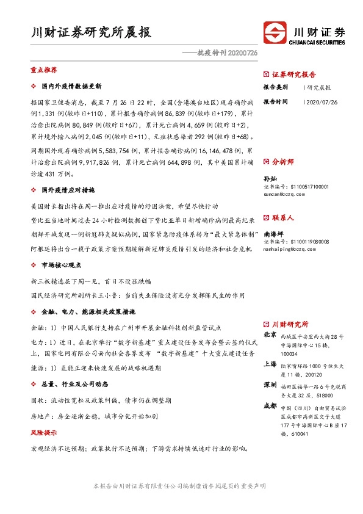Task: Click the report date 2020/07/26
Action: click(x=320, y=102)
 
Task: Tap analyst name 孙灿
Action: click(x=269, y=179)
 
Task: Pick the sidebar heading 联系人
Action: click(x=282, y=217)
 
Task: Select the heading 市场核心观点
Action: click(x=65, y=266)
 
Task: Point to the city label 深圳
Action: click(x=270, y=386)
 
